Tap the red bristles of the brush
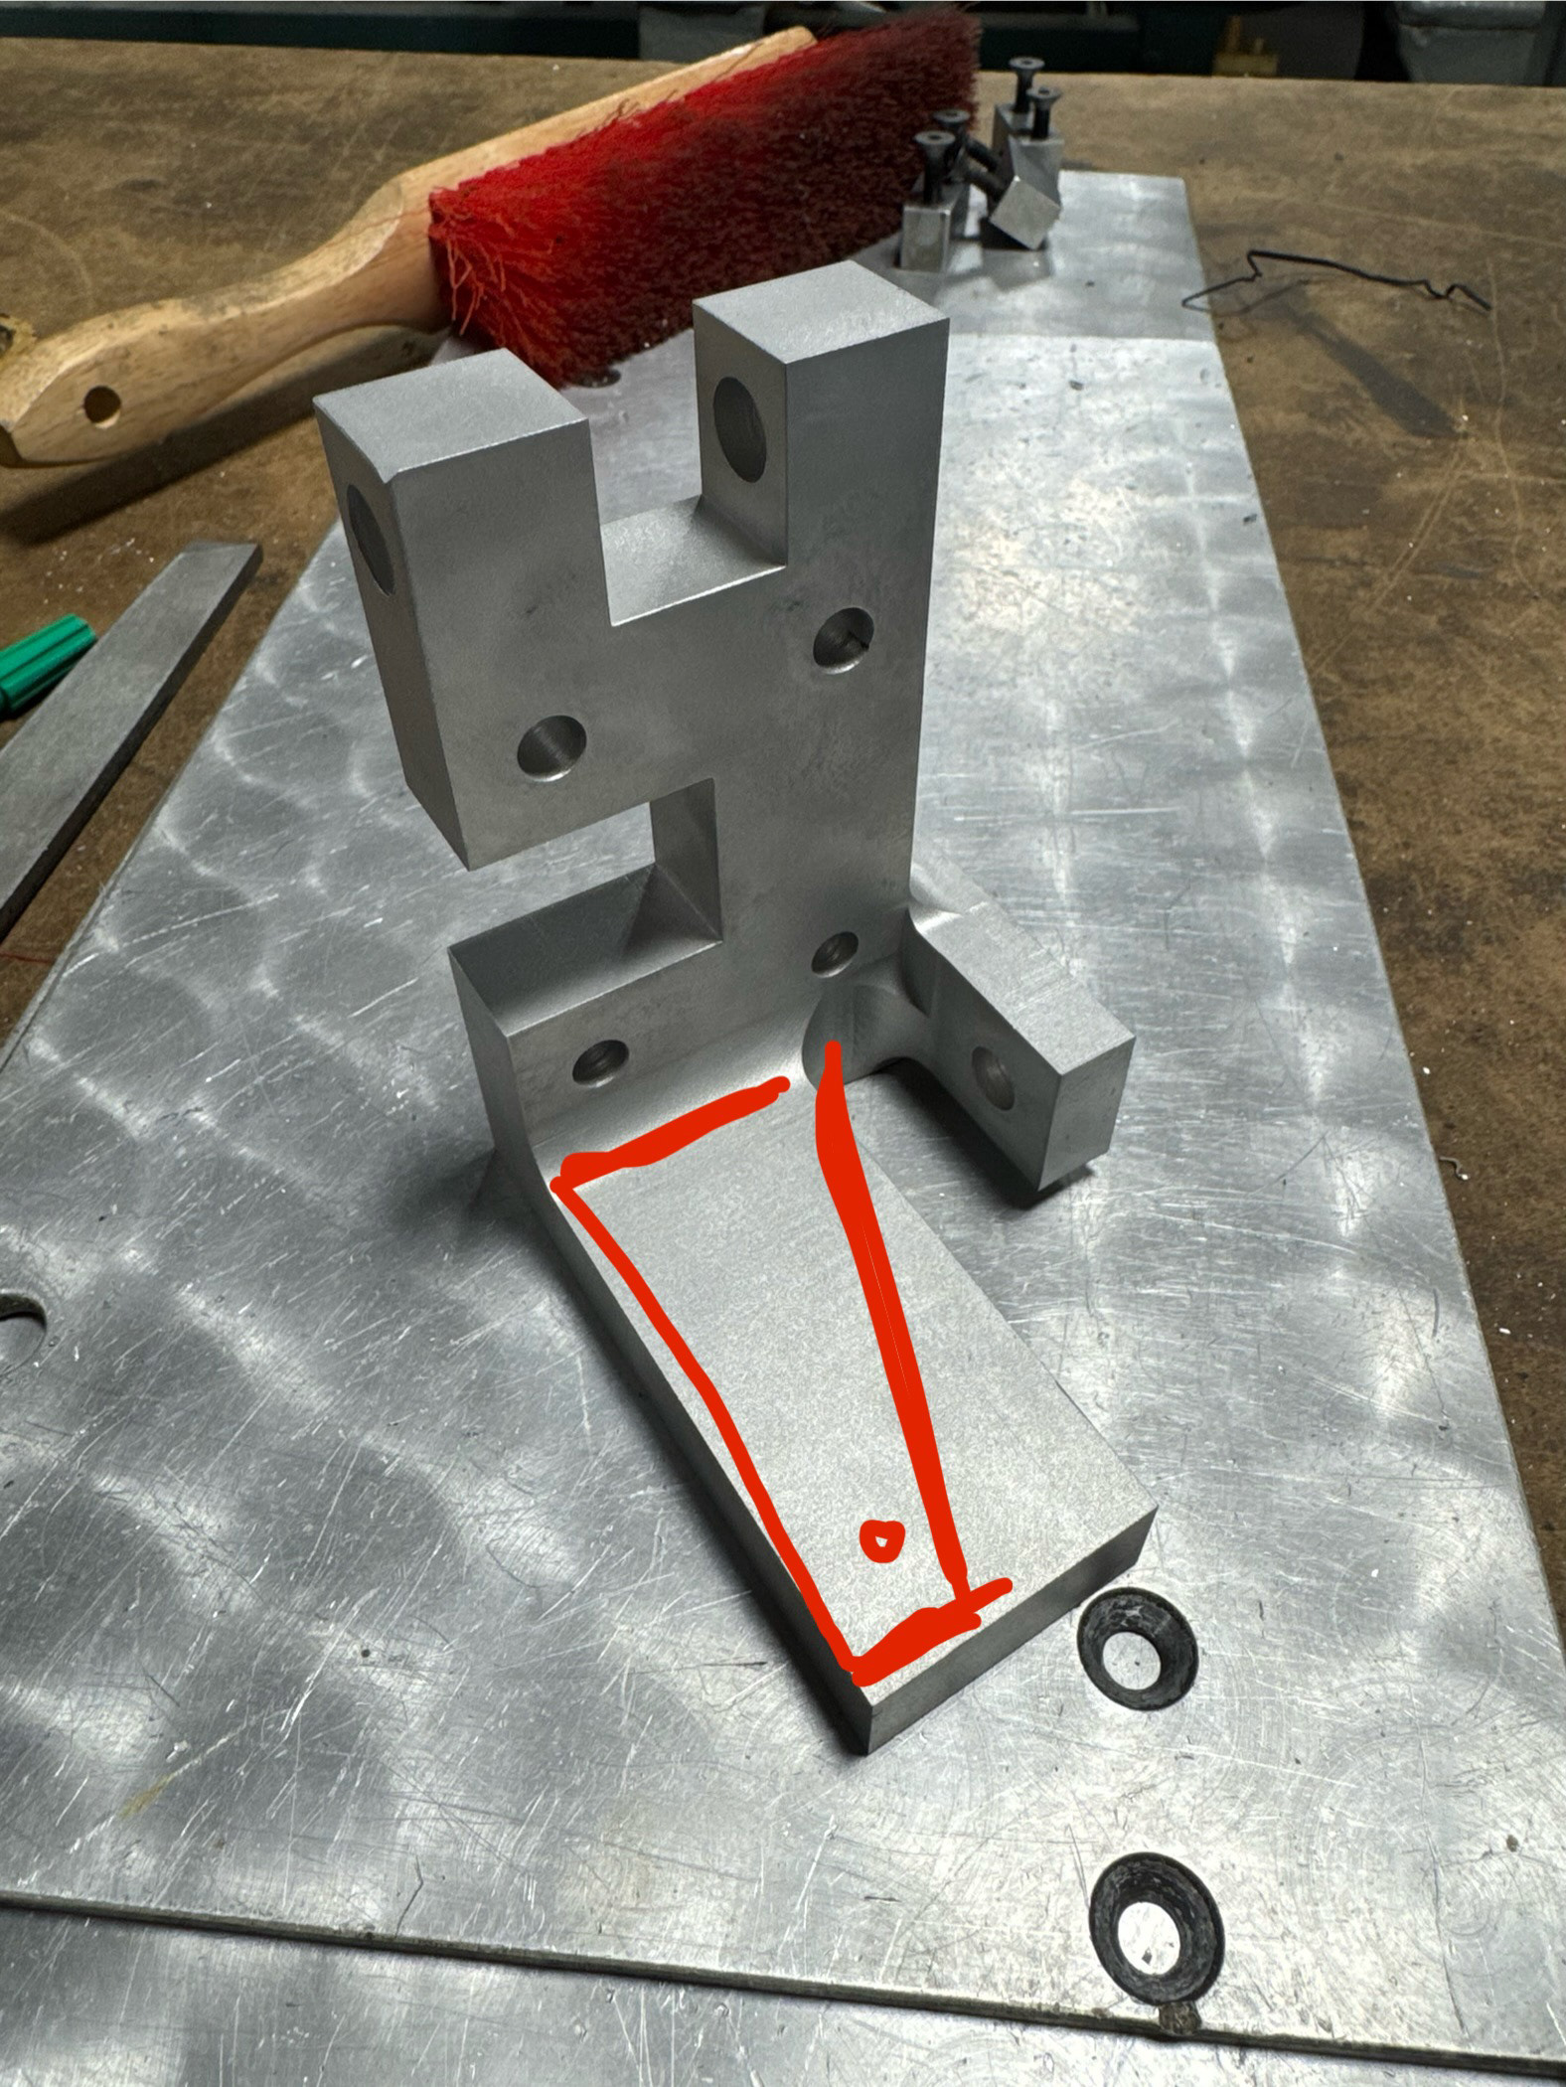pyautogui.click(x=696, y=199)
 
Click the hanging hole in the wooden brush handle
pyautogui.click(x=102, y=402)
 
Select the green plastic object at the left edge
pyautogui.click(x=40, y=661)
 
